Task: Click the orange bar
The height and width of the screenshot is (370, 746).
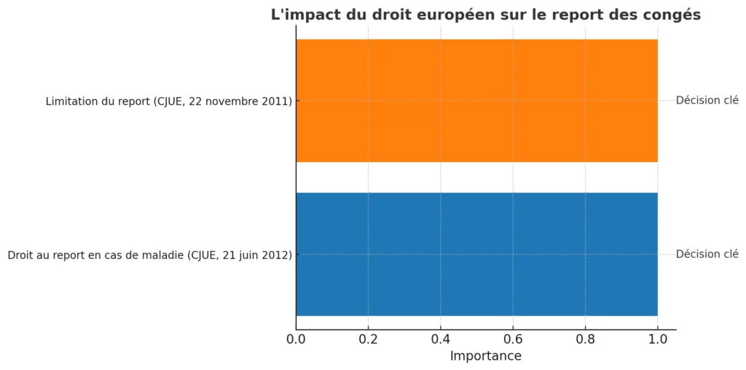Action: [x=476, y=100]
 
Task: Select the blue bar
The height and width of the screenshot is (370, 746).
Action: [x=476, y=254]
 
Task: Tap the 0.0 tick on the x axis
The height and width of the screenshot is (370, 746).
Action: [x=296, y=339]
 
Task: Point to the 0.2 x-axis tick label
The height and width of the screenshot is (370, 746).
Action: [x=368, y=339]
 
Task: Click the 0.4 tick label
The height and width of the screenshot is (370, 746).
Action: [x=441, y=339]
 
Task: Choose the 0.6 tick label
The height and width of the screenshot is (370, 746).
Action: [x=513, y=339]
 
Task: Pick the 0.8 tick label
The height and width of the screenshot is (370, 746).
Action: [x=585, y=339]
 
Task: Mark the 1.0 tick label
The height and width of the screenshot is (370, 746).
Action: [x=657, y=339]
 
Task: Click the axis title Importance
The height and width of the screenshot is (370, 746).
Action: [x=485, y=356]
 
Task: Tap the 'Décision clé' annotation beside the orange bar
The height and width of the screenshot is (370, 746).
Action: [x=707, y=101]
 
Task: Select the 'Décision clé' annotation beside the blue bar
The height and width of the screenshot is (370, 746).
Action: [x=707, y=255]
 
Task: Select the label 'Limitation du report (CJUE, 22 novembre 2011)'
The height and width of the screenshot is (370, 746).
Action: [x=168, y=101]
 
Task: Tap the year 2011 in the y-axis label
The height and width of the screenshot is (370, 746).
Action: [x=276, y=101]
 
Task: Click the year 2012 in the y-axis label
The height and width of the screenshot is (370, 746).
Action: [x=276, y=255]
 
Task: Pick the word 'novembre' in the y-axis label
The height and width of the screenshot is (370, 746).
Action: [x=232, y=101]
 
